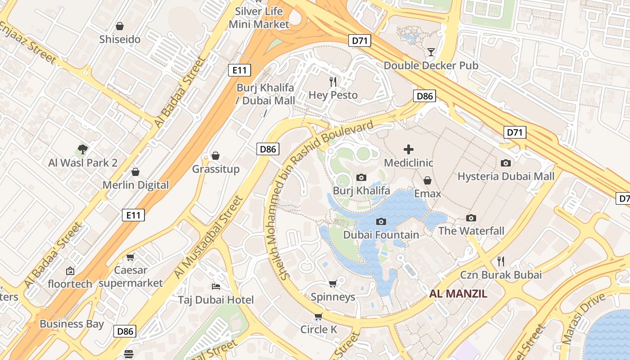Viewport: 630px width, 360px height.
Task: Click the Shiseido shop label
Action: [120, 39]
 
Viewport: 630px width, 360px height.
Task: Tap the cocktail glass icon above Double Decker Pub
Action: [431, 52]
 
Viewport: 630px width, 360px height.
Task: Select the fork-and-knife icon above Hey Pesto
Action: [333, 81]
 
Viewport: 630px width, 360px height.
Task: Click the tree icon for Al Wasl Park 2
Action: [82, 149]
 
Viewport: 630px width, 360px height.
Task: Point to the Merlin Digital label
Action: [135, 185]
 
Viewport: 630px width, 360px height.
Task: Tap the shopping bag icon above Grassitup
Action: [216, 156]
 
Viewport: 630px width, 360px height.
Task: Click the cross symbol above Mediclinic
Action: [409, 149]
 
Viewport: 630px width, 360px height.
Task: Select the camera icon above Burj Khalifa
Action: [361, 178]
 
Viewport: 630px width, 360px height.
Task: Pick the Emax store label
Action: [427, 193]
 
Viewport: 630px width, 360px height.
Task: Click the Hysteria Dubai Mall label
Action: [506, 176]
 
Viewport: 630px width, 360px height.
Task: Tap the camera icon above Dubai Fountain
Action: [381, 221]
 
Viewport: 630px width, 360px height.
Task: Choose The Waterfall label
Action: [471, 231]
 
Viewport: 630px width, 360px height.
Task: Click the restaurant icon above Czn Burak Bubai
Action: [500, 261]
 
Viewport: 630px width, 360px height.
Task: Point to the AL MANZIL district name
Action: [458, 294]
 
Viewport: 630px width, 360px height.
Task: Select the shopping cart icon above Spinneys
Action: [333, 283]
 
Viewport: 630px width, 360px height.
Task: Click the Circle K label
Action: [319, 329]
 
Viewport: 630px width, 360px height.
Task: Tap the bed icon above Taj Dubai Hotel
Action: [216, 287]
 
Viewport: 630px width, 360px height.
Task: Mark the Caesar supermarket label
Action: [130, 277]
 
